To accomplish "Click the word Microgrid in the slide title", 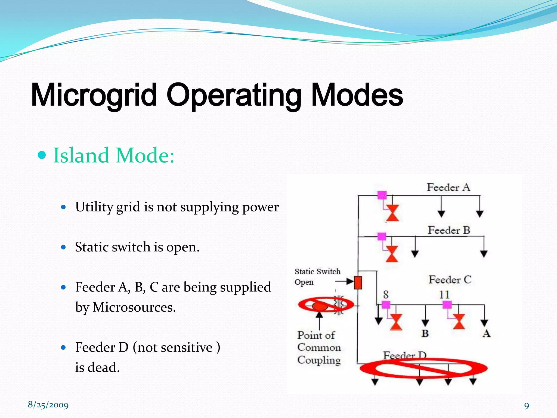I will pyautogui.click(x=94, y=95).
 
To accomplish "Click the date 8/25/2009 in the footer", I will pyautogui.click(x=48, y=405).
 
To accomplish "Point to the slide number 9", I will pyautogui.click(x=527, y=406).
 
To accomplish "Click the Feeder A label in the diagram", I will pyautogui.click(x=448, y=188).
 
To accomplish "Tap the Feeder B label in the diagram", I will pyautogui.click(x=449, y=230).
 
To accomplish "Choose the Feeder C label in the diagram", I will pyautogui.click(x=450, y=280).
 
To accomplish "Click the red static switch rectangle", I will pyautogui.click(x=358, y=282).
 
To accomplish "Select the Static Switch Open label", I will pyautogui.click(x=317, y=276).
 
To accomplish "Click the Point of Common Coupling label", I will pyautogui.click(x=318, y=348).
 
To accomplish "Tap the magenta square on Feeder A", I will pyautogui.click(x=382, y=195).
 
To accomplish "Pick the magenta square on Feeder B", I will pyautogui.click(x=382, y=236).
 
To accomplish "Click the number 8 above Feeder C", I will pyautogui.click(x=386, y=294).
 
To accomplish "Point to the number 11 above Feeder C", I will pyautogui.click(x=444, y=294).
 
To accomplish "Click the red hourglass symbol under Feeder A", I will pyautogui.click(x=392, y=213).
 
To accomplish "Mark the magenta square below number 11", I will pyautogui.click(x=447, y=305).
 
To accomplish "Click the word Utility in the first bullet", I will pyautogui.click(x=94, y=207).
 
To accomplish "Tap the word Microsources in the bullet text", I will pyautogui.click(x=134, y=307).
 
